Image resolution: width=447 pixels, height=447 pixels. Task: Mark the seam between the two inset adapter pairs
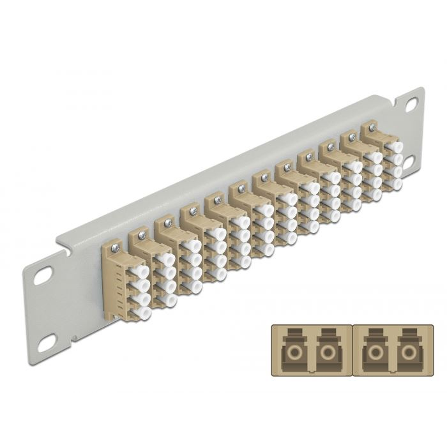(350, 350)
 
